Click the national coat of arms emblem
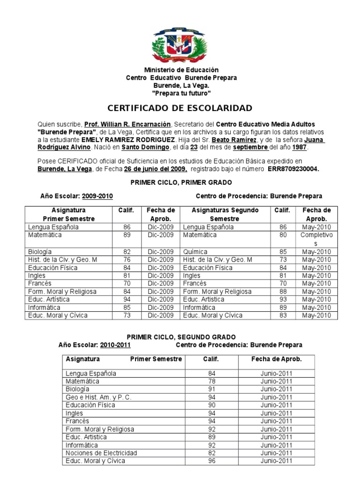(180, 45)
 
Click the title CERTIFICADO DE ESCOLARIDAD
(180, 108)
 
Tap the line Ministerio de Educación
(181, 70)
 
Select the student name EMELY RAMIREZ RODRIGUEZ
(127, 140)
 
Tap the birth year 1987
(300, 148)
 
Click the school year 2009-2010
(97, 195)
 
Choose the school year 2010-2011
(115, 345)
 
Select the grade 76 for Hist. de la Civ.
(127, 260)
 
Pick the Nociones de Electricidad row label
(101, 453)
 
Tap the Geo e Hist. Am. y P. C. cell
(98, 397)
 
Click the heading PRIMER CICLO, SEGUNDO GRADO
(181, 337)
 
